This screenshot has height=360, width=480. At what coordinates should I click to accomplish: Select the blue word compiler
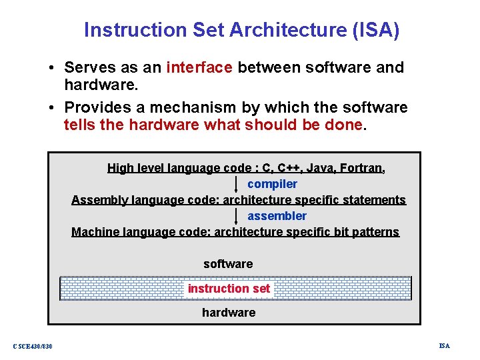click(x=272, y=184)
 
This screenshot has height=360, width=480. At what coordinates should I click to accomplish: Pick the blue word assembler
click(x=277, y=216)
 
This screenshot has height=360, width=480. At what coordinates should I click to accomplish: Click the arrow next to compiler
click(x=237, y=184)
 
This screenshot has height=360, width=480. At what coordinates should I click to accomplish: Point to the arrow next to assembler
click(x=237, y=216)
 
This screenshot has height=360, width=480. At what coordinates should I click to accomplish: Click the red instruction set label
click(x=229, y=289)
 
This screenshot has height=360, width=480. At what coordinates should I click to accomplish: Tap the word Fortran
click(x=361, y=168)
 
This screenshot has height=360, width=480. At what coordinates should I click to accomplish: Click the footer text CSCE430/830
click(x=33, y=346)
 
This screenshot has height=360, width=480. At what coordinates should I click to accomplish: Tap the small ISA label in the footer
click(x=445, y=345)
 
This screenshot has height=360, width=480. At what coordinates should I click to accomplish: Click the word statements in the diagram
click(x=373, y=200)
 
